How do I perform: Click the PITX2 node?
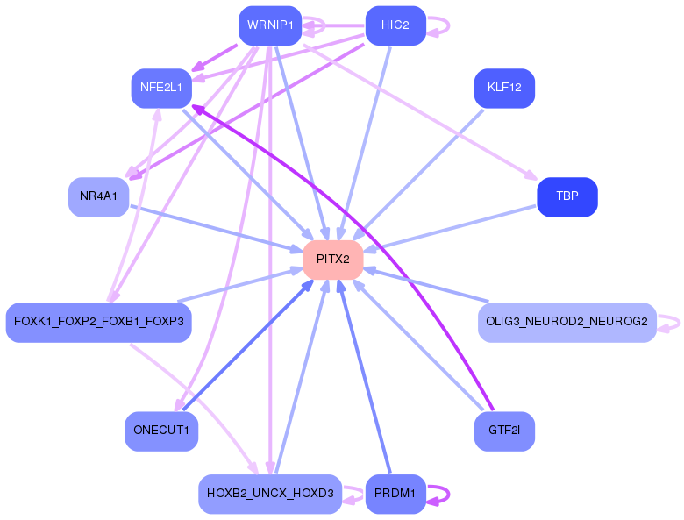pos(333,260)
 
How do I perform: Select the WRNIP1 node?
pos(270,25)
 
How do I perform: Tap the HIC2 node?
pos(395,25)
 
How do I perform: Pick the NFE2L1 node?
pos(161,88)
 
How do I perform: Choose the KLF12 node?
pos(504,88)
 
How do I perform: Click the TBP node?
pos(567,196)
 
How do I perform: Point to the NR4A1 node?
pos(98,196)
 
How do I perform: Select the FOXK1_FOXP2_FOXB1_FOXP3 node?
pos(98,323)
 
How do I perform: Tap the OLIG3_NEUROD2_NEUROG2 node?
pos(567,323)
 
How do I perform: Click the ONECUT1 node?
pos(161,431)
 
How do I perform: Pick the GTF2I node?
pos(504,431)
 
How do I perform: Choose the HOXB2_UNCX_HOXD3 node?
pos(270,494)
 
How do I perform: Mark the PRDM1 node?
pos(395,494)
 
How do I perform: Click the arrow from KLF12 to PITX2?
pos(424,175)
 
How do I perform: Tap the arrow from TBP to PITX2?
pos(451,229)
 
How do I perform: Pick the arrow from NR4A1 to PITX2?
pos(217,228)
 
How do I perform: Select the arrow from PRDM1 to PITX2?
pos(364,377)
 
